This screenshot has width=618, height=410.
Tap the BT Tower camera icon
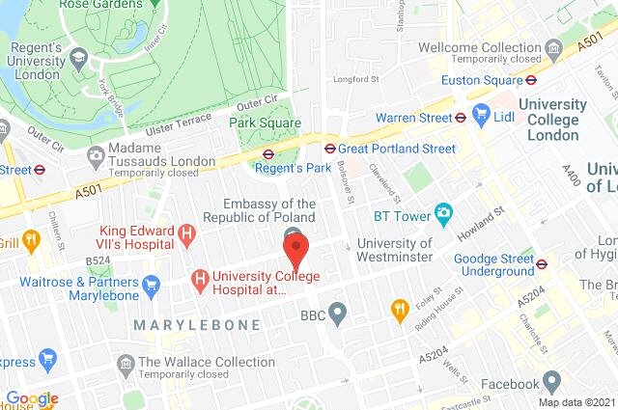pyautogui.click(x=444, y=212)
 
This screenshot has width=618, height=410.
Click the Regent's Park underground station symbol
pyautogui.click(x=268, y=152)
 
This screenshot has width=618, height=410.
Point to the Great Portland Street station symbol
pyautogui.click(x=329, y=149)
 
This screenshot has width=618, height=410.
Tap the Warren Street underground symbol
pyautogui.click(x=461, y=118)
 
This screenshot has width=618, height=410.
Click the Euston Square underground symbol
pyautogui.click(x=532, y=81)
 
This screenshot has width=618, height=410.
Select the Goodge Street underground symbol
pyautogui.click(x=542, y=261)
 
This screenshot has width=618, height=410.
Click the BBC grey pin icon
pyautogui.click(x=337, y=313)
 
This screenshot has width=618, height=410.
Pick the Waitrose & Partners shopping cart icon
pyautogui.click(x=151, y=286)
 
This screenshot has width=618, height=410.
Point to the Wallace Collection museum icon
pyautogui.click(x=125, y=365)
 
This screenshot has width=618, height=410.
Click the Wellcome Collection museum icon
pyautogui.click(x=553, y=48)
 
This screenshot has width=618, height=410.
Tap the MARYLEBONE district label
pyautogui.click(x=197, y=325)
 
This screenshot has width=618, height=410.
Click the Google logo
pyautogui.click(x=32, y=398)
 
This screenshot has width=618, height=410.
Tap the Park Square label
pyautogui.click(x=265, y=123)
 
